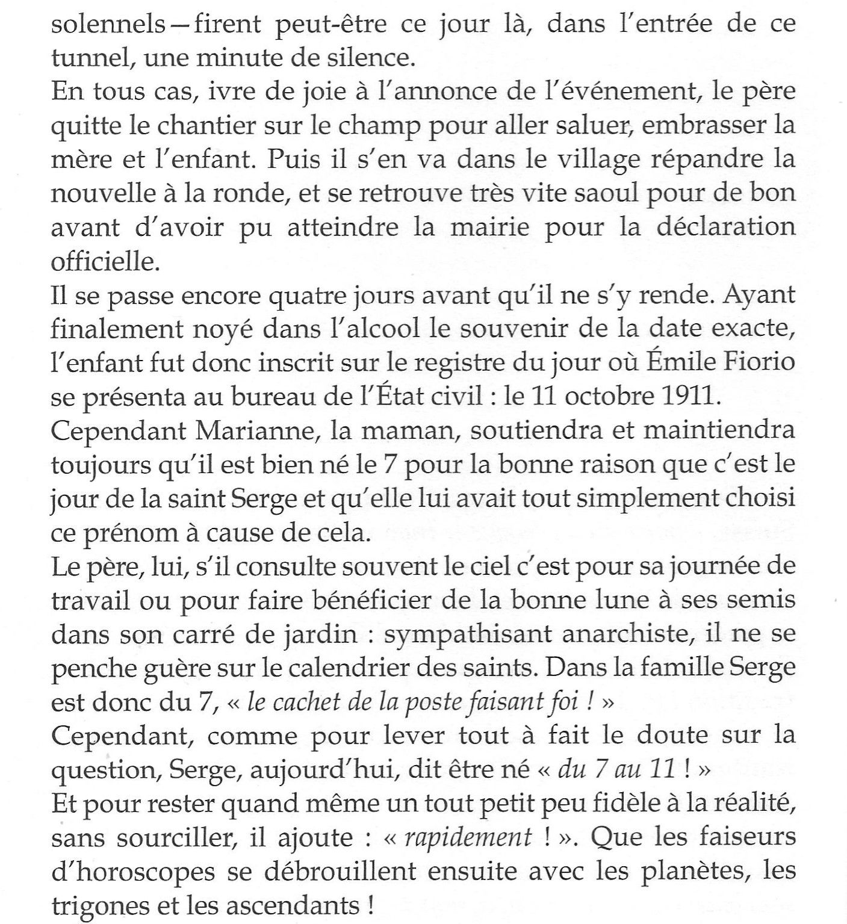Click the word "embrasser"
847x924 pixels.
coord(686,126)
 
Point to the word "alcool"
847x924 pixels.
coord(326,329)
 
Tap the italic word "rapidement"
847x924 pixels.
coord(470,837)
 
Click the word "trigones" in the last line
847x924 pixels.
coord(97,905)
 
